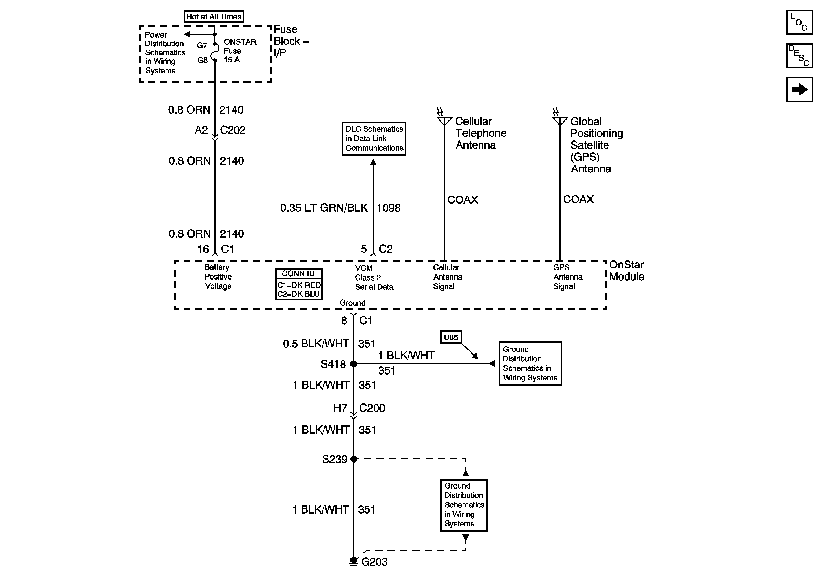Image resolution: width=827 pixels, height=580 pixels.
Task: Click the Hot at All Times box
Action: tap(213, 17)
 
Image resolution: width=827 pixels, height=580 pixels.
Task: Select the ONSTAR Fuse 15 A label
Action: tap(240, 51)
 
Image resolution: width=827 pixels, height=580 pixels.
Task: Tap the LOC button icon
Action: tap(799, 22)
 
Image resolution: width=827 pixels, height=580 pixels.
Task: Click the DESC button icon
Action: tap(799, 56)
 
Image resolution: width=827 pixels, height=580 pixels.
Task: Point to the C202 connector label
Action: tap(233, 130)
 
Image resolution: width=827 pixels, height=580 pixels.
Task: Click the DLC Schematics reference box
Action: tap(374, 139)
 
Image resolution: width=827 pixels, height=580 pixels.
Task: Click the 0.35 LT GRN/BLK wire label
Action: tap(324, 208)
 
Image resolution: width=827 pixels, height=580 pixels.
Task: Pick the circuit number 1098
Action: tap(388, 208)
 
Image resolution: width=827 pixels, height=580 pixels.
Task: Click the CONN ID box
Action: tap(299, 284)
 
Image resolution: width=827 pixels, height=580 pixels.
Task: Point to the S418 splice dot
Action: tap(353, 364)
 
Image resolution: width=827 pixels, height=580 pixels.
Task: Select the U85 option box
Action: tap(451, 337)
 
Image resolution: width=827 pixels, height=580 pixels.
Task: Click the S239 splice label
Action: tap(334, 460)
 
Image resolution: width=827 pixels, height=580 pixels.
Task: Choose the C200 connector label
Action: tap(372, 408)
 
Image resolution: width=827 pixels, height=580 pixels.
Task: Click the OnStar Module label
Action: tap(626, 271)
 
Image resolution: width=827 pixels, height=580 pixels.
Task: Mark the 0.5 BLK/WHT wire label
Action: tap(316, 344)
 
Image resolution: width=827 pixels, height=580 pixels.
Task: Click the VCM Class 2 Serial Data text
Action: tap(374, 277)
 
